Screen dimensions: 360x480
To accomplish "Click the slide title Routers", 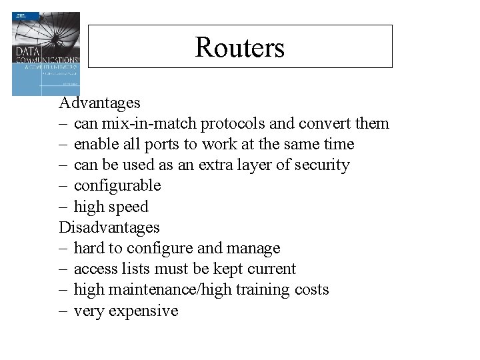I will click(240, 47).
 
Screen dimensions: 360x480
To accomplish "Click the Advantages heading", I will click(99, 103).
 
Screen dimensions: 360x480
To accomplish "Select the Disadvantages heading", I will click(109, 227).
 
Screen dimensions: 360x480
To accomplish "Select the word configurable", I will click(117, 186).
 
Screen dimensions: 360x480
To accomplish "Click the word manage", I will click(251, 249).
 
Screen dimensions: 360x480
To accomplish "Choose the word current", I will click(268, 269).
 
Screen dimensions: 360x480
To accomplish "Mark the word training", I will click(268, 290).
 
